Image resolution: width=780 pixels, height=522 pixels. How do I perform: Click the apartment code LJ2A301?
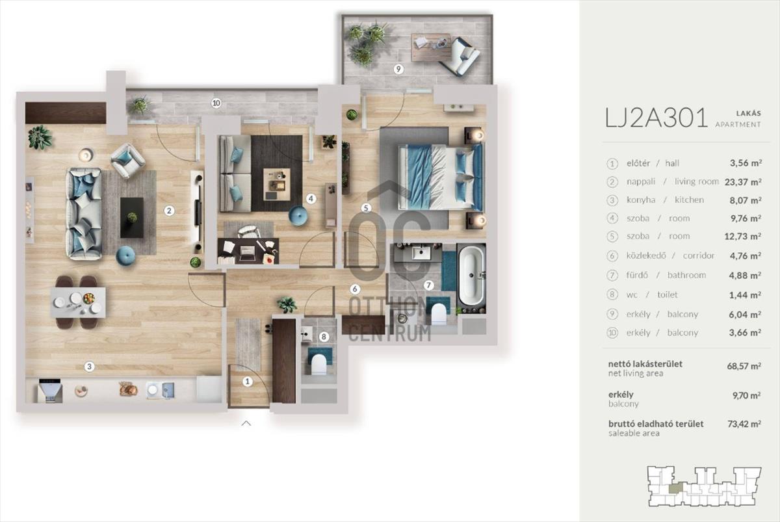[656, 118]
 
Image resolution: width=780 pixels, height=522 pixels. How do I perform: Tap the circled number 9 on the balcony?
[398, 69]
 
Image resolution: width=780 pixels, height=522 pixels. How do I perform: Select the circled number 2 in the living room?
[169, 211]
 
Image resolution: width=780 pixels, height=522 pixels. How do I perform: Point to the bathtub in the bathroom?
[471, 275]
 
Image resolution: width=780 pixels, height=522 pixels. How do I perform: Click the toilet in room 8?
[318, 364]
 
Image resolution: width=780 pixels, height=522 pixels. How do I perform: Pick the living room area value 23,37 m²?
[743, 182]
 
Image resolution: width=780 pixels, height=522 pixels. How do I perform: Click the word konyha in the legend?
[641, 200]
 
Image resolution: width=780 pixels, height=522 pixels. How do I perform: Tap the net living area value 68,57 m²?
[744, 366]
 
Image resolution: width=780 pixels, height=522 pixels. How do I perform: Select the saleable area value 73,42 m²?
[744, 424]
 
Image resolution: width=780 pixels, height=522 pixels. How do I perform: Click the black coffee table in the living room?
[132, 218]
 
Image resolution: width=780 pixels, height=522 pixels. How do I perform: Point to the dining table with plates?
[78, 302]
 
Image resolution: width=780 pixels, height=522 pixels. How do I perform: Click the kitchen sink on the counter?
[160, 390]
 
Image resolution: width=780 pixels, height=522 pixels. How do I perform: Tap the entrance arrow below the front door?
[246, 423]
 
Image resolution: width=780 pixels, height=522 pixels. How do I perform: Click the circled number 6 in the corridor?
[355, 289]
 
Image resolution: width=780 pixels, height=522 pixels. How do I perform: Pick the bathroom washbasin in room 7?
[421, 253]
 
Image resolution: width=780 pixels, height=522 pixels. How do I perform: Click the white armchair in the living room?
[128, 161]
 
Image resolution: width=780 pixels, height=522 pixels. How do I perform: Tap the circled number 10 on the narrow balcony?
[216, 103]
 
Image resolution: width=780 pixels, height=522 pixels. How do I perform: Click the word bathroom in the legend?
[686, 275]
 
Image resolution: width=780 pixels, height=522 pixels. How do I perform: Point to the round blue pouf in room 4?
[298, 216]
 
